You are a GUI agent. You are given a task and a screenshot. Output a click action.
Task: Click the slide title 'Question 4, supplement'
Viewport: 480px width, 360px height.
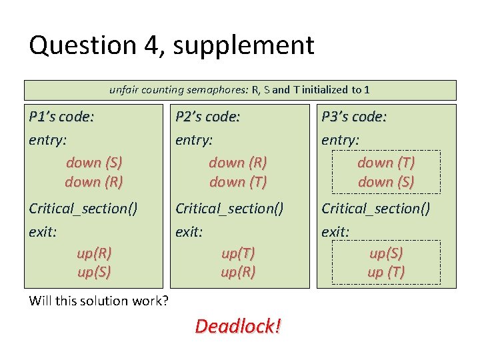point(171,45)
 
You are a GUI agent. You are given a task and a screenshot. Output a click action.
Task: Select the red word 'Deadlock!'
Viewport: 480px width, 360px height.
point(238,326)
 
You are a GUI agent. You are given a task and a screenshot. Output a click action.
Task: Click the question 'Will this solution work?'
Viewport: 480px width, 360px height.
point(99,301)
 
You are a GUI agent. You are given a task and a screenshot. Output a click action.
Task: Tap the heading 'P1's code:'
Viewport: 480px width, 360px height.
point(61,117)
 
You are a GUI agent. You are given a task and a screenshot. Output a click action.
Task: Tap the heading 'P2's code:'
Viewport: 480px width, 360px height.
point(207,117)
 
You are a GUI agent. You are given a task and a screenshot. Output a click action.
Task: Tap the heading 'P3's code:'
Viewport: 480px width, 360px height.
point(353,117)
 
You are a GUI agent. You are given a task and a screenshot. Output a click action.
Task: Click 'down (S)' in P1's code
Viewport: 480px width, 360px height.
point(94,162)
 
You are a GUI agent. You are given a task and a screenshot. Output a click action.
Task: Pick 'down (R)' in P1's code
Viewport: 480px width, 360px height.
point(94,181)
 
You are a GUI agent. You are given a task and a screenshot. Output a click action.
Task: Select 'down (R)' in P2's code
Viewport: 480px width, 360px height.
point(238,162)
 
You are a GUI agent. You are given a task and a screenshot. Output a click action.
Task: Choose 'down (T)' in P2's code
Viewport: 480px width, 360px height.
point(238,181)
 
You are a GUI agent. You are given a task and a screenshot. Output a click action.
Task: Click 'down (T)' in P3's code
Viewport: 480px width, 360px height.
point(386,162)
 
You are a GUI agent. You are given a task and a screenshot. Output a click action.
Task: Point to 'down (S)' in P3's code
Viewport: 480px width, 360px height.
point(386,181)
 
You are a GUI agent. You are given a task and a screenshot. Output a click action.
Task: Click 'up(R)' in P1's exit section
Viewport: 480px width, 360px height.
point(94,253)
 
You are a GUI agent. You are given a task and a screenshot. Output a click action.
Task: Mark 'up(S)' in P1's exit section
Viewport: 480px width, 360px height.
point(94,272)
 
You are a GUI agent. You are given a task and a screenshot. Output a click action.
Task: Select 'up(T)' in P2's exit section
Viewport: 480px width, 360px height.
point(238,253)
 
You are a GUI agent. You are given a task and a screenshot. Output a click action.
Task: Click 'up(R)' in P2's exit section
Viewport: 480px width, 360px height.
point(238,272)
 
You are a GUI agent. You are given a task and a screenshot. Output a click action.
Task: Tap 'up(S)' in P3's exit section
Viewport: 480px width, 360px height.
point(386,253)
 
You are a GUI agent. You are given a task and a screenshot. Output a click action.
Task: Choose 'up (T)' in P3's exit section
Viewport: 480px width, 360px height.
point(386,272)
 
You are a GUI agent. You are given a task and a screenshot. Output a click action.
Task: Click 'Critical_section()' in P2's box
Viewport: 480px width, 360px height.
point(229,209)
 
